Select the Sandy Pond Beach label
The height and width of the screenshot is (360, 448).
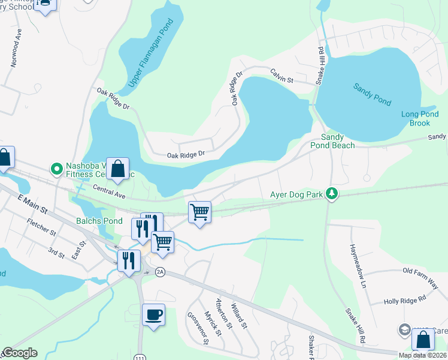tap(332, 141)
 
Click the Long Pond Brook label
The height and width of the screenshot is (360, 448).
tap(416, 119)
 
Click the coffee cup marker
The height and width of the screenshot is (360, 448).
tap(153, 314)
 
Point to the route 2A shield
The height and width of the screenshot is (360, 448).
tap(159, 272)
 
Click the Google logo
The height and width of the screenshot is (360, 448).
tap(19, 353)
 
